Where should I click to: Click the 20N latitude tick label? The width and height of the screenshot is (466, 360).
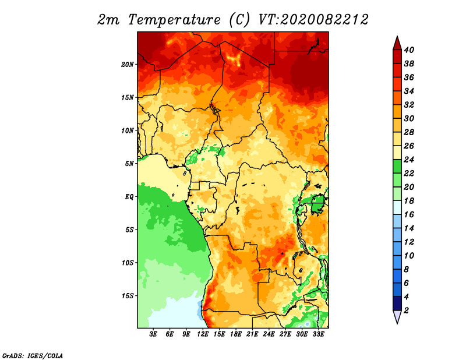[x=128, y=65]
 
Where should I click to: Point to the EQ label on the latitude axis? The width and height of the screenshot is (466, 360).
[x=129, y=197]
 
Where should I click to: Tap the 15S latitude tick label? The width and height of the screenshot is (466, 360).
[x=128, y=296]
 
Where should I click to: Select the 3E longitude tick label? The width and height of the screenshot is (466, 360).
[x=153, y=334]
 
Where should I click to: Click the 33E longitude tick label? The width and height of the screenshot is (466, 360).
[x=318, y=334]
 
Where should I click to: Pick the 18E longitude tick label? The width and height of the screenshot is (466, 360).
[x=236, y=334]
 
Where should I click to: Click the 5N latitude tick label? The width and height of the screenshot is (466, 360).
[x=129, y=164]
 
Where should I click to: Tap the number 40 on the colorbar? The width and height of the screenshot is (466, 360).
[x=409, y=50]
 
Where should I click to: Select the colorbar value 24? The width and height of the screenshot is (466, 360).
[x=409, y=160]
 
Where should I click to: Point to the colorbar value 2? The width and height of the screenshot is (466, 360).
[x=406, y=310]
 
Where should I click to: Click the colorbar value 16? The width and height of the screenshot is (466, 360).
[x=409, y=214]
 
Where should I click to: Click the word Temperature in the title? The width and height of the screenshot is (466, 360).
[x=174, y=20]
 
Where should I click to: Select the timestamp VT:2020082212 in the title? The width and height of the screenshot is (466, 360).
[x=313, y=20]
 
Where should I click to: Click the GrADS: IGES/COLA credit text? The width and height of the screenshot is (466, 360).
[x=33, y=356]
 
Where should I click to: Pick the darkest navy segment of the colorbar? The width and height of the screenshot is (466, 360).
[x=397, y=303]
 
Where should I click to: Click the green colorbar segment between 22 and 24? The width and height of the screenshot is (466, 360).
[x=397, y=167]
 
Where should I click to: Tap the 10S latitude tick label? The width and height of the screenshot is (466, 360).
[x=128, y=263]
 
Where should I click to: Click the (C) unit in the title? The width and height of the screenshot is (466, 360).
[x=239, y=20]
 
